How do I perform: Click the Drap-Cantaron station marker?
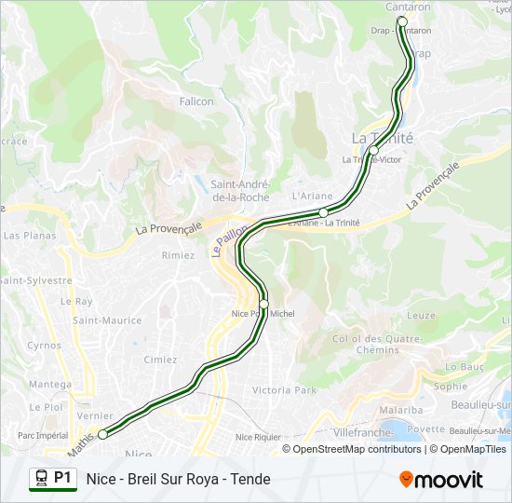tap(402, 20)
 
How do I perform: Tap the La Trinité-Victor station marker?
tap(373, 150)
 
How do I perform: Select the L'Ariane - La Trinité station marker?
tap(323, 212)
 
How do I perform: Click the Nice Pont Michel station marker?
tap(263, 304)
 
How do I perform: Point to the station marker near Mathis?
tap(102, 433)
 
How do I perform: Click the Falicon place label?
tap(196, 102)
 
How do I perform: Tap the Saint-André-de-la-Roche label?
tap(240, 190)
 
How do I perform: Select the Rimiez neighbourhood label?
tap(178, 255)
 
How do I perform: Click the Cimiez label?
tap(160, 360)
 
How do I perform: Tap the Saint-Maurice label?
tap(107, 320)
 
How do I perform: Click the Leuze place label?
tap(421, 316)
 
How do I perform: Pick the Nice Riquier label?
tap(258, 436)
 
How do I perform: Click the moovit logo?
tap(441, 480)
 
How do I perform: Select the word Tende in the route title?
tap(250, 479)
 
